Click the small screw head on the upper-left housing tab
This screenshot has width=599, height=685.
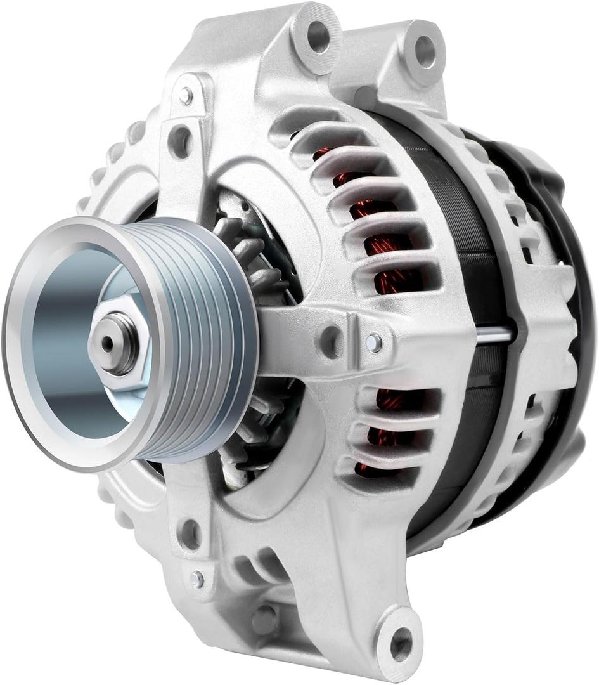pos(186,96)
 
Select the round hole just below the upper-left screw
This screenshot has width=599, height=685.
pos(181,141)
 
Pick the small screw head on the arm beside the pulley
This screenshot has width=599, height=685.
pos(374,342)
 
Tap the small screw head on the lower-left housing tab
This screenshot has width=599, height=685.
pos(197,578)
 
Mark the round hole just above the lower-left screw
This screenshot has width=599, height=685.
pos(190,533)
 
